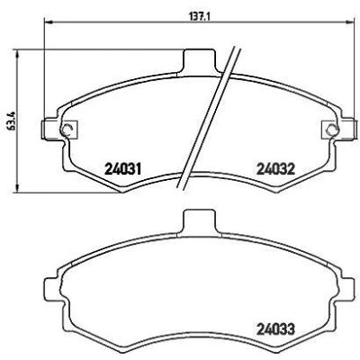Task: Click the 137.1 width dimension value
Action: (200, 15)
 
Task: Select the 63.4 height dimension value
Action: (13, 120)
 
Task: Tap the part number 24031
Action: (122, 169)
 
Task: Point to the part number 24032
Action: (276, 169)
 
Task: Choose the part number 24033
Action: (276, 329)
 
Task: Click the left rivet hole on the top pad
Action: (67, 130)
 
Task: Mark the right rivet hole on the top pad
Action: (332, 130)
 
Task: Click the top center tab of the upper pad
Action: (200, 60)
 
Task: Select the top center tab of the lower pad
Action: (200, 221)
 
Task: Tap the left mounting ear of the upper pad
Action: (51, 129)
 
